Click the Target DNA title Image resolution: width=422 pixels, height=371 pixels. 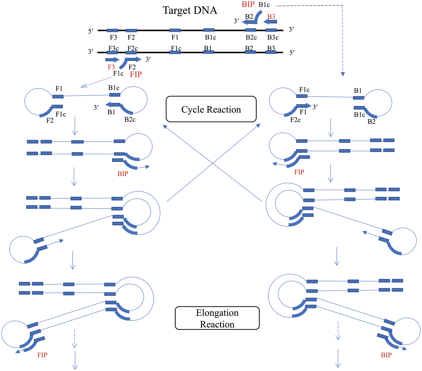pos(190,10)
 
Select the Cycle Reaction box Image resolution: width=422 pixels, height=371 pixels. pos(211,109)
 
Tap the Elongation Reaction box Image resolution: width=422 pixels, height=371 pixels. pos(217,318)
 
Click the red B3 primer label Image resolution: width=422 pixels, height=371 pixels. pos(271,17)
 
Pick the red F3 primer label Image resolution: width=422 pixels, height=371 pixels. pos(111,67)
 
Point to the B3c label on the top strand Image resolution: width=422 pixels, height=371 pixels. pos(273,37)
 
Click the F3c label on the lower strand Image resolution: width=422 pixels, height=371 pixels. pos(113,48)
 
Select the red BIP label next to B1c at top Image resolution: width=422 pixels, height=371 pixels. pos(248,5)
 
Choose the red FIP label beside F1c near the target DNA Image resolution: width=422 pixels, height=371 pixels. pos(136,74)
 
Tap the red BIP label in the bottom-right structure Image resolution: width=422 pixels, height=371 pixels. pos(386,355)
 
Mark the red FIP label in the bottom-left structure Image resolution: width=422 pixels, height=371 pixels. pos(42,355)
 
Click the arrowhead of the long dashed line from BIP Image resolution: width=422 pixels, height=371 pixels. pos(343,74)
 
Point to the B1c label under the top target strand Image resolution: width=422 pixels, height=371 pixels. pos(210,37)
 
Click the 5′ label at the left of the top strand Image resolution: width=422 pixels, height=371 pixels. pos(91,31)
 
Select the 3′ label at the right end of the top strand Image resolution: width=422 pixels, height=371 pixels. pos(291,30)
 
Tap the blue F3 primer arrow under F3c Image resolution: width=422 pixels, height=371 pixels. pos(112,59)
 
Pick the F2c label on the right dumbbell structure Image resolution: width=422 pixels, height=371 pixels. pos(295,120)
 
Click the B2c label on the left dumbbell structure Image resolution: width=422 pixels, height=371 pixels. pos(130,119)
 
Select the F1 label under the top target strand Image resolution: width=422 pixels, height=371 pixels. pos(175,37)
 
